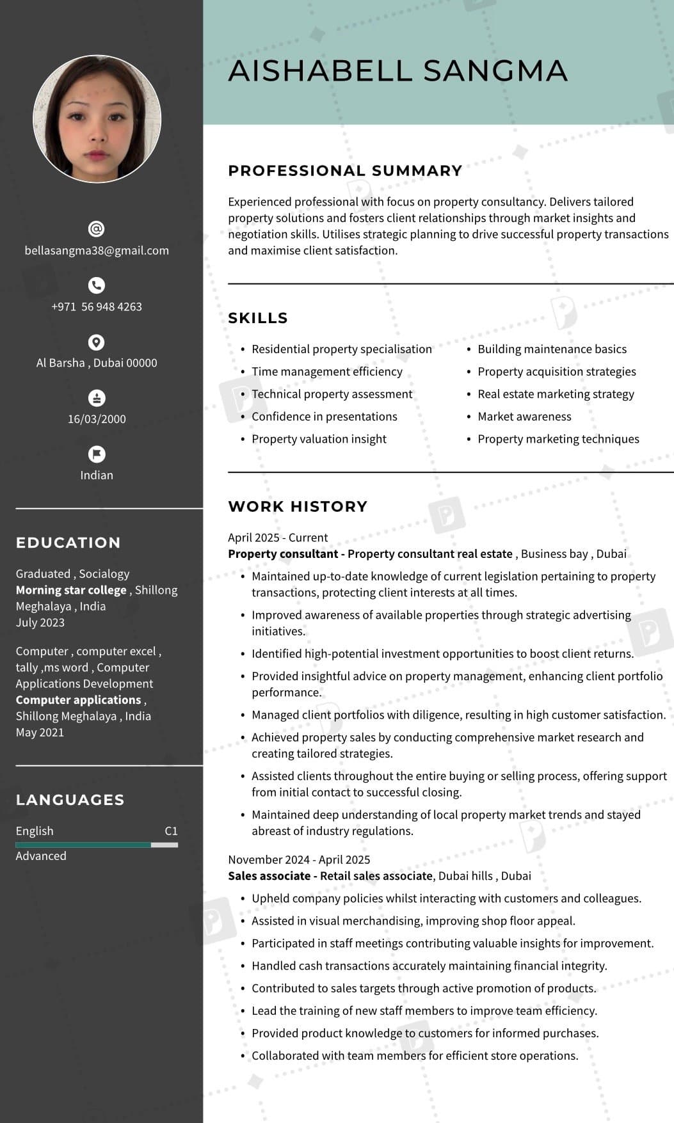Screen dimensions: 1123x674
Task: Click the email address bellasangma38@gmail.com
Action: [x=97, y=250]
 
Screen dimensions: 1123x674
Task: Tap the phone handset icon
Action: [x=97, y=285]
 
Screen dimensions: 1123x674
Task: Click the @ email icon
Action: [x=97, y=229]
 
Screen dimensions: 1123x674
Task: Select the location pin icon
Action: [x=97, y=342]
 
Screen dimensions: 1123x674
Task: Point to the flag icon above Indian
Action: [x=97, y=454]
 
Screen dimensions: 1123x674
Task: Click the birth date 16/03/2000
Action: [x=97, y=419]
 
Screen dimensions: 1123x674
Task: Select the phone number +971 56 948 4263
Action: [x=97, y=307]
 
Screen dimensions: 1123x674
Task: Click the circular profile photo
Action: [x=97, y=119]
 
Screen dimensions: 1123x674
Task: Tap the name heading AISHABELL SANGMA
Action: [x=397, y=70]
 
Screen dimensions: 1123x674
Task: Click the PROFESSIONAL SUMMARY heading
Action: [x=345, y=171]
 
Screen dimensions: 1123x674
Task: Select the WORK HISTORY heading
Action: [x=298, y=506]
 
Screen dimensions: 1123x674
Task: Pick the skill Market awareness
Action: [x=524, y=417]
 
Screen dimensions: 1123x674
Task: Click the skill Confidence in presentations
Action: [x=324, y=417]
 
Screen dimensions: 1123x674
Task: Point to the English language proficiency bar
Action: [x=97, y=845]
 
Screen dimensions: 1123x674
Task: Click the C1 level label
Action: [x=171, y=831]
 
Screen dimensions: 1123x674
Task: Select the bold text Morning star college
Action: [x=71, y=590]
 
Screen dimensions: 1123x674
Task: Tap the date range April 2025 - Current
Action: [x=278, y=538]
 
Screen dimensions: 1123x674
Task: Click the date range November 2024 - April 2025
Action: [x=299, y=859]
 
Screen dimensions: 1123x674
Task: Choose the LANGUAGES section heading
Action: [x=70, y=800]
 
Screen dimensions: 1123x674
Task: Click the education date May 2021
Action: [x=40, y=732]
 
